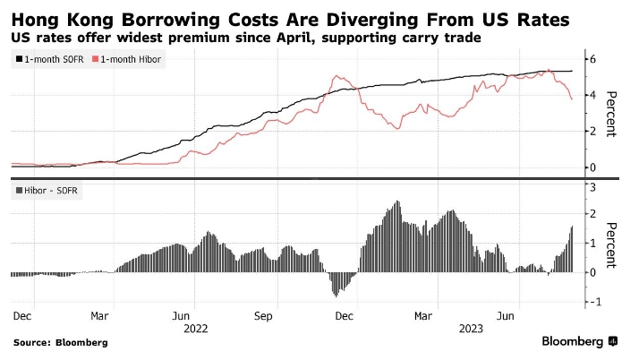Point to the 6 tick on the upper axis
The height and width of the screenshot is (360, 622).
coord(591,59)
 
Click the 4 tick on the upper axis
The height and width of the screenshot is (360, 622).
coord(591,95)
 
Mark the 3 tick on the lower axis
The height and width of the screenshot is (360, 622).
coord(591,185)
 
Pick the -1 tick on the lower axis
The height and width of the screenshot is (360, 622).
coord(589,302)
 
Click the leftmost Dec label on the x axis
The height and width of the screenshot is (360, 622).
coord(23,316)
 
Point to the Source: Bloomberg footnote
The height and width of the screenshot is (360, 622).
coord(60,342)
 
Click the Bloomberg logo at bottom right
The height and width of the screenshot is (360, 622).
coord(578,341)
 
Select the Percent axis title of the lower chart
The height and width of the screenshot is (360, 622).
coord(610,244)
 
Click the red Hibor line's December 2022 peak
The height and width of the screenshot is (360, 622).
coord(337,77)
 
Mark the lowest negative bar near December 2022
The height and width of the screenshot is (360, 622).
coord(337,296)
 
